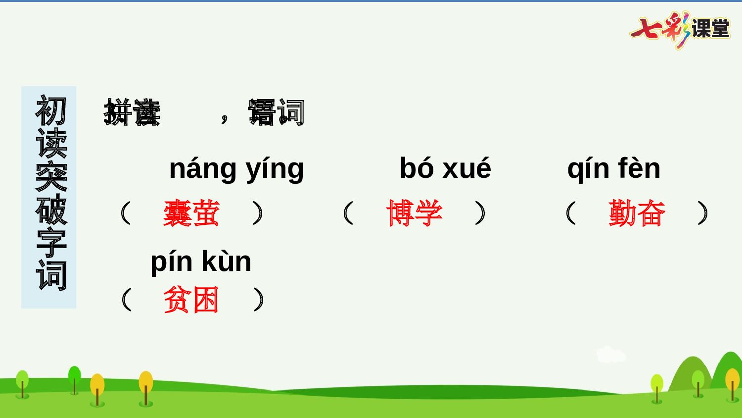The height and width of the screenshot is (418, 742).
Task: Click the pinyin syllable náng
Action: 203,169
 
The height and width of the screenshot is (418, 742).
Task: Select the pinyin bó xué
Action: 445,168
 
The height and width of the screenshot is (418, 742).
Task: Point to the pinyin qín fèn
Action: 614,169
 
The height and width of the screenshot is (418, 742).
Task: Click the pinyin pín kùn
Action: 201,262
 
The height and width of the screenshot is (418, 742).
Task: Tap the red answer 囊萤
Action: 191,213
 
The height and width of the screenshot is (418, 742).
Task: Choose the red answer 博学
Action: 414,213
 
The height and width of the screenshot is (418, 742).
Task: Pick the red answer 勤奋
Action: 637,213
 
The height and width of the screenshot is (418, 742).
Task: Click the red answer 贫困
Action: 191,300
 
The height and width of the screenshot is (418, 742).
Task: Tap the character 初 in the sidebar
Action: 51,110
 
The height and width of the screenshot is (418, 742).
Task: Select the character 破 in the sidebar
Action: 51,209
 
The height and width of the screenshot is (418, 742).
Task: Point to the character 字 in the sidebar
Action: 51,243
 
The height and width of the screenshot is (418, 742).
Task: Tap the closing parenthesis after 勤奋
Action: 702,213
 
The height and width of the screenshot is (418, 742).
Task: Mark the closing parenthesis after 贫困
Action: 258,300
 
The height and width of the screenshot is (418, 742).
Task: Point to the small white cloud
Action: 610,355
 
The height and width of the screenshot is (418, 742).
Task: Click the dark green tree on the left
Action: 75,378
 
